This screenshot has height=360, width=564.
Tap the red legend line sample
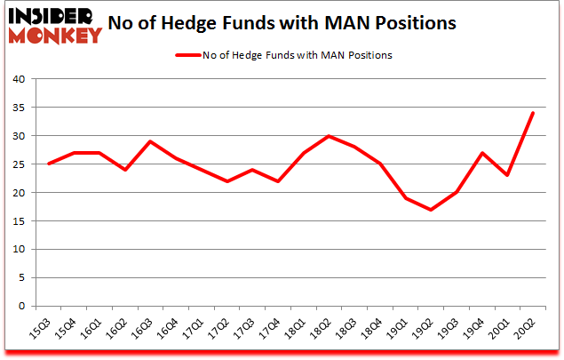(198, 55)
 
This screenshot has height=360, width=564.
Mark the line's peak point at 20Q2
(532, 113)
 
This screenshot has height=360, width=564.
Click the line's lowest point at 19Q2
(431, 210)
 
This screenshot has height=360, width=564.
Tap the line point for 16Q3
(151, 141)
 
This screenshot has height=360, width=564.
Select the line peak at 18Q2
(329, 136)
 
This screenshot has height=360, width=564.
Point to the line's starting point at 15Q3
(50, 164)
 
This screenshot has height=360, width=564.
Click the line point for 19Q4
(481, 153)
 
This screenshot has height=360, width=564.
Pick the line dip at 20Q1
(506, 176)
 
